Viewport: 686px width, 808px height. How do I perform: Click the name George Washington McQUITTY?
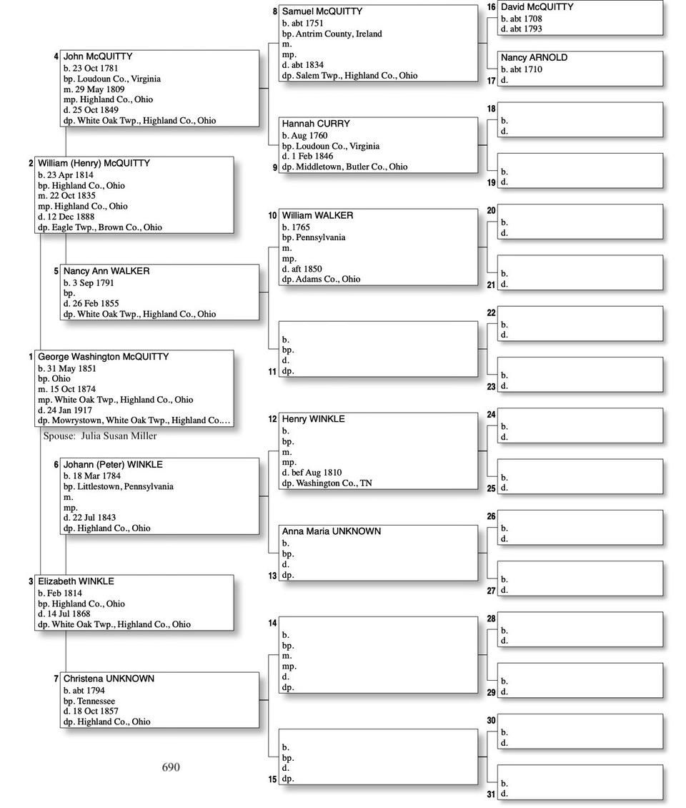click(103, 357)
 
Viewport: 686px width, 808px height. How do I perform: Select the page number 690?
click(171, 767)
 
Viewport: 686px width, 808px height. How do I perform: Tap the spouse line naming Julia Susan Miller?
click(100, 435)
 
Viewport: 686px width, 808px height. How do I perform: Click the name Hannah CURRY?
click(316, 124)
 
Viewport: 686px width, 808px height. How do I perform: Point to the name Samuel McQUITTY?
click(322, 11)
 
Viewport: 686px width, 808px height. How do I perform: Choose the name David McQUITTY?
click(537, 7)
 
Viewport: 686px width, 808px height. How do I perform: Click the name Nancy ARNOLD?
click(534, 58)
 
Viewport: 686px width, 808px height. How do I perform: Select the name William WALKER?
click(317, 215)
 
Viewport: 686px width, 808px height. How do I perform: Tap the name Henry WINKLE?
click(313, 419)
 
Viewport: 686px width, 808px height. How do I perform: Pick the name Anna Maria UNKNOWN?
click(331, 531)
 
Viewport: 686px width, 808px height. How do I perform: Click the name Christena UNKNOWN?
click(109, 679)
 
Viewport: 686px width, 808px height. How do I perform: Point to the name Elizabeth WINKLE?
click(76, 581)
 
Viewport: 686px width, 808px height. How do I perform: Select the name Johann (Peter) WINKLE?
click(113, 465)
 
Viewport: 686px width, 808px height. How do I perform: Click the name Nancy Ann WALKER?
click(106, 271)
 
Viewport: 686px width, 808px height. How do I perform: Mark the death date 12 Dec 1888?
click(69, 217)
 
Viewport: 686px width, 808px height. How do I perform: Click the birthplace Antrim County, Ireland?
click(339, 34)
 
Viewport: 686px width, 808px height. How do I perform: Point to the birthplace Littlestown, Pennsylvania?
click(124, 486)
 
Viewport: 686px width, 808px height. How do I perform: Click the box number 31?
click(491, 794)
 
